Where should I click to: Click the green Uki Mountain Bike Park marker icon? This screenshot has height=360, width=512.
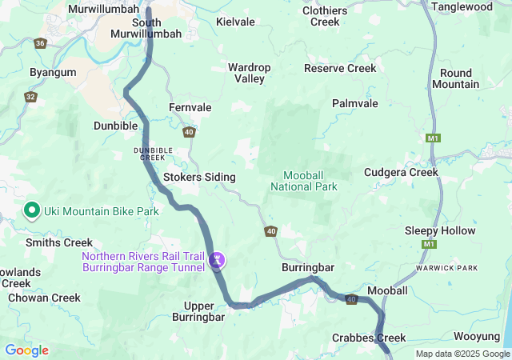click(x=32, y=210)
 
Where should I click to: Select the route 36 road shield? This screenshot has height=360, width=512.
click(x=41, y=43)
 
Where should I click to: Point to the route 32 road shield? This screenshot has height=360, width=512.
click(x=30, y=97)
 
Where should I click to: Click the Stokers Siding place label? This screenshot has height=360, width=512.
click(x=199, y=177)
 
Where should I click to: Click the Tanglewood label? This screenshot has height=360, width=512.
click(x=462, y=6)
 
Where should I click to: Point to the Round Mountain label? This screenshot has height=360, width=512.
click(x=455, y=78)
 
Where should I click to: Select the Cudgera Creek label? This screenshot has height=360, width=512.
click(x=401, y=172)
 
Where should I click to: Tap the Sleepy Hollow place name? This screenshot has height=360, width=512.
click(x=440, y=230)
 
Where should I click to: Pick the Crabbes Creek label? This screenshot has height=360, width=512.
click(x=369, y=338)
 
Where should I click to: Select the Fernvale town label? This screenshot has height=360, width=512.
click(x=190, y=107)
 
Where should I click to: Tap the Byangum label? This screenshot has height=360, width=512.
click(x=53, y=72)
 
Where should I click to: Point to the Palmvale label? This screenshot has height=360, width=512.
click(x=355, y=104)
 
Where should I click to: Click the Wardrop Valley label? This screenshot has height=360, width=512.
click(x=250, y=73)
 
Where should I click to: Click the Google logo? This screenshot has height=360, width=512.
click(x=26, y=350)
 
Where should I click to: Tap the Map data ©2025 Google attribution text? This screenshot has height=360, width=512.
click(x=462, y=354)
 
